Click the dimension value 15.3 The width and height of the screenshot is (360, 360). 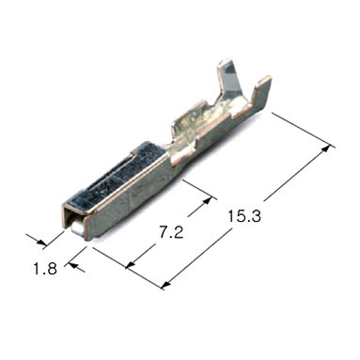pyautogui.click(x=244, y=216)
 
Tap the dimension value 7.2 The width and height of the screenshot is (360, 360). pyautogui.click(x=171, y=232)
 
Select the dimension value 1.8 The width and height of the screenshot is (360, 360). pyautogui.click(x=45, y=269)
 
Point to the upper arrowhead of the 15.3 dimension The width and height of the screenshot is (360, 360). pyautogui.click(x=326, y=149)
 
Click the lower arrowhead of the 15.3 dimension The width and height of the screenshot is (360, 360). pyautogui.click(x=166, y=285)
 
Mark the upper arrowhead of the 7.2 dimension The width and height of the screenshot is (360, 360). pyautogui.click(x=208, y=200)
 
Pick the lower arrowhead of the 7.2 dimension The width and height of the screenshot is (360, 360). pyautogui.click(x=131, y=265)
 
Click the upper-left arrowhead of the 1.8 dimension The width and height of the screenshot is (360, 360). pyautogui.click(x=41, y=242)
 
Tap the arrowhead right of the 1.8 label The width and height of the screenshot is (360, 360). pyautogui.click(x=73, y=266)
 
